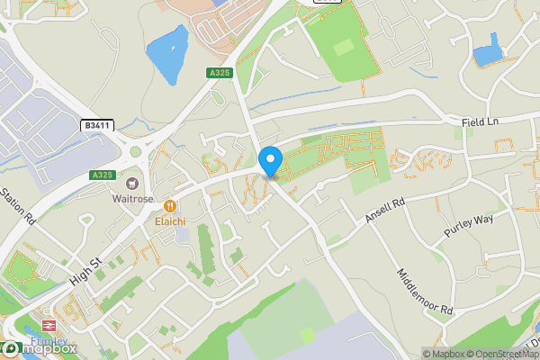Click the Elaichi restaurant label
click(169, 220)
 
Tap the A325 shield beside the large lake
click(217, 73)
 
